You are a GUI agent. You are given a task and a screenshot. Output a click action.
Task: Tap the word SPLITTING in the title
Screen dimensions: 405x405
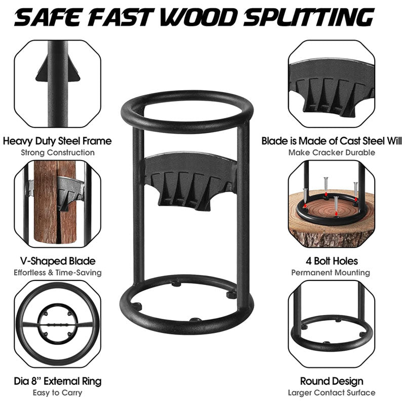309,18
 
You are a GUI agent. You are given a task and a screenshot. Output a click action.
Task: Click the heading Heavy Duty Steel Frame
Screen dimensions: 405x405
57,141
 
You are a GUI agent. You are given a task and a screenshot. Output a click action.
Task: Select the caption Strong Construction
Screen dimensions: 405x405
57,152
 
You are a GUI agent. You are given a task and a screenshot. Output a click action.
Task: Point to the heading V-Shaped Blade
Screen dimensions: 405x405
57,261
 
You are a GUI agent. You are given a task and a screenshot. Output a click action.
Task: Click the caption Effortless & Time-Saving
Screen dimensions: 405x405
57,272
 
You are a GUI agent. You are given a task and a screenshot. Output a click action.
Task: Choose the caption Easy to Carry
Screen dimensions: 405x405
57,392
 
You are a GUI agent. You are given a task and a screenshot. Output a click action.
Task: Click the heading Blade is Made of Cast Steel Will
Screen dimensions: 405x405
332,141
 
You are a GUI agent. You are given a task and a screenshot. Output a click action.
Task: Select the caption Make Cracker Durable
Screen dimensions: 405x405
332,152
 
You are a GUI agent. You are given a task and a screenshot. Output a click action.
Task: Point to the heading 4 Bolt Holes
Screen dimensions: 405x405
332,261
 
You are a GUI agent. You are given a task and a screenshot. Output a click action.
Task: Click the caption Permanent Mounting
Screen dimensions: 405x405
332,272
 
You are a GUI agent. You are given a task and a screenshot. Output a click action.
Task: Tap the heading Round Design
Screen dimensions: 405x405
332,381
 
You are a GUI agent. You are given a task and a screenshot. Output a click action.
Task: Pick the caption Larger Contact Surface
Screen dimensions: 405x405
332,392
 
